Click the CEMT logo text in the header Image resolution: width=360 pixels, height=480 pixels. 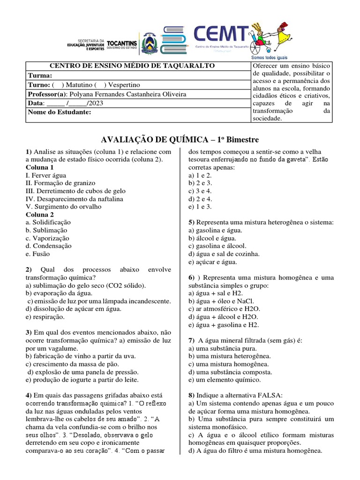point(221,34)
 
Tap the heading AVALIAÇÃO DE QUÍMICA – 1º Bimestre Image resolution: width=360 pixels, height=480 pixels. point(180,140)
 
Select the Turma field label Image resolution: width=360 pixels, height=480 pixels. point(40,75)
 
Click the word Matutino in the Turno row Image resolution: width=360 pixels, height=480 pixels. point(75,85)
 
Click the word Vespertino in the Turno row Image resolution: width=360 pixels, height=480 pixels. point(123,85)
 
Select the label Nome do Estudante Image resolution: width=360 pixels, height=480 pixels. point(59,112)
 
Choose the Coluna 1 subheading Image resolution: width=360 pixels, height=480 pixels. point(40,167)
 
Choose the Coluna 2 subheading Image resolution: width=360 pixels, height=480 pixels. point(40,215)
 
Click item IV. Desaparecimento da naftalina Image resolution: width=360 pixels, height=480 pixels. point(75,199)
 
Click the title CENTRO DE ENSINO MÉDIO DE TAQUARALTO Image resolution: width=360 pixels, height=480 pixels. point(132,66)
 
